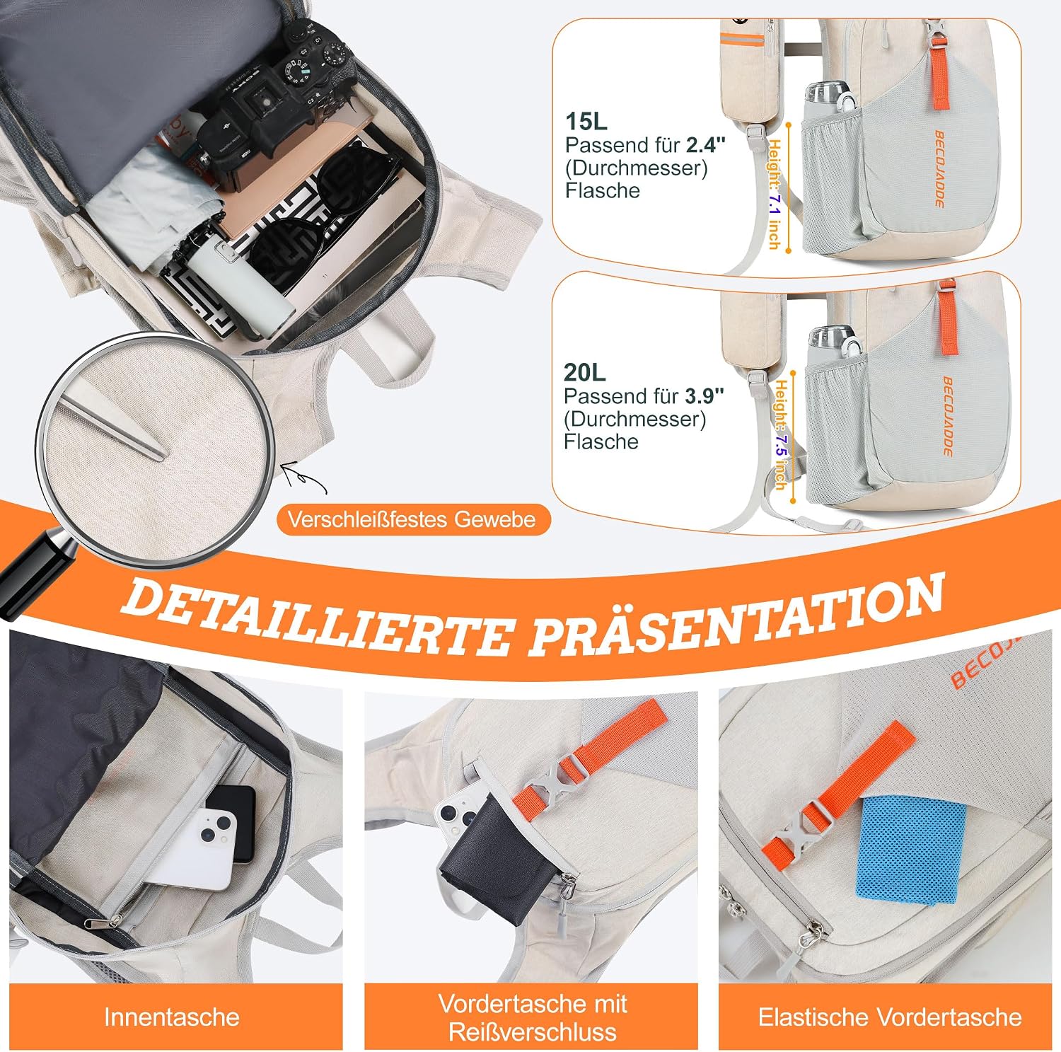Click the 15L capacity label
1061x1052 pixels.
(586, 121)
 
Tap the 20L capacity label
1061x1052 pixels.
(584, 372)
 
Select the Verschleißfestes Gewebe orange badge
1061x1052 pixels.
(412, 520)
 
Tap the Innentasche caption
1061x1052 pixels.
(172, 1017)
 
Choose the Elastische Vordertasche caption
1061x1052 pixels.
(890, 1017)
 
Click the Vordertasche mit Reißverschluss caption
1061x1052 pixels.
(532, 1017)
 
